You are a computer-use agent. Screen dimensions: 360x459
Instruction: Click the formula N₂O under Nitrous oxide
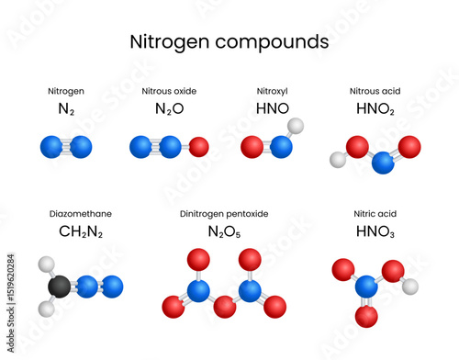(169, 108)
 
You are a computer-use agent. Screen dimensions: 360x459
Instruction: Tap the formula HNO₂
(375, 108)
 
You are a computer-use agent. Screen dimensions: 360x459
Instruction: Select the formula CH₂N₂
(80, 231)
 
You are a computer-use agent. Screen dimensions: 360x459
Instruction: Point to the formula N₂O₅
(225, 231)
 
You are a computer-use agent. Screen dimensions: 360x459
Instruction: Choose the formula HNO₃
(375, 231)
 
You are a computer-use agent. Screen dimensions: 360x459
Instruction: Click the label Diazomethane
(80, 214)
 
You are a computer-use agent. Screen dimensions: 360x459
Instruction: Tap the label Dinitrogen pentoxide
(225, 214)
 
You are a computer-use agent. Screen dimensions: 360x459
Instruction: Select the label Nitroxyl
(273, 91)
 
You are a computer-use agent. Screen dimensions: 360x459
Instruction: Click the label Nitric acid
(375, 214)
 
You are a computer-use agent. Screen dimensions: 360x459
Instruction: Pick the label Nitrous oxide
(169, 91)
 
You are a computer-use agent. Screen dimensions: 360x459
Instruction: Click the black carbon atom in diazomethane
(59, 287)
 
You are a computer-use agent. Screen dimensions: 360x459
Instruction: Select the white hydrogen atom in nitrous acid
(338, 160)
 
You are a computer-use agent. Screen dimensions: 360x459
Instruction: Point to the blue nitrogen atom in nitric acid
(366, 286)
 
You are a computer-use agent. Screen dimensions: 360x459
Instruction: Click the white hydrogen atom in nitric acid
(411, 287)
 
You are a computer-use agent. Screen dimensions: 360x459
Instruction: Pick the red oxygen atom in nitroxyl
(251, 146)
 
